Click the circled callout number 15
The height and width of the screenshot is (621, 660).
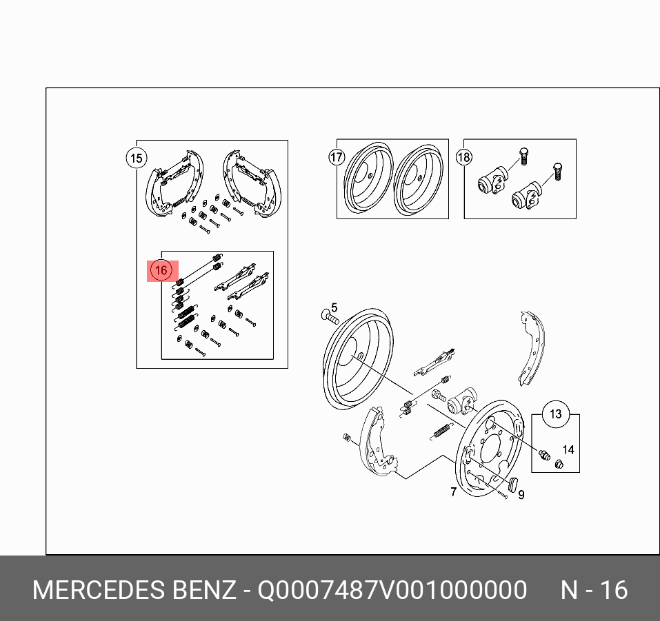137,159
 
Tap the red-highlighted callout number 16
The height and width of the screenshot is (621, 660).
162,271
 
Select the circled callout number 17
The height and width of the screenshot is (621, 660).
337,157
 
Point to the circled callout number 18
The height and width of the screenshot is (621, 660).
464,157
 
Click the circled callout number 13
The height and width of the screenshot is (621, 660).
556,414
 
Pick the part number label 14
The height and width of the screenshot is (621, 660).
568,450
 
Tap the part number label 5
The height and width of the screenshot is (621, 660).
334,307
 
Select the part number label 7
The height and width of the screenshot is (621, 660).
453,491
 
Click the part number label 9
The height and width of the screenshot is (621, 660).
521,495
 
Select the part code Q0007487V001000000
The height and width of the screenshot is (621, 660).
392,590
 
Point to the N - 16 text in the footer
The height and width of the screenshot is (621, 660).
594,590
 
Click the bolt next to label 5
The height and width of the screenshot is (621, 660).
330,317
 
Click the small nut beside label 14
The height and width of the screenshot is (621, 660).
559,464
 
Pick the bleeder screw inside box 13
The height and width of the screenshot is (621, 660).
544,454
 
